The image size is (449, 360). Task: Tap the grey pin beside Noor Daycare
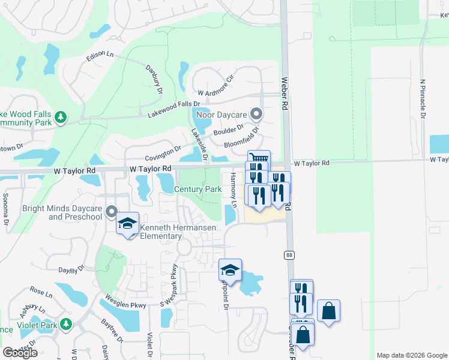tap(256, 113)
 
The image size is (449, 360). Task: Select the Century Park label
tap(198, 189)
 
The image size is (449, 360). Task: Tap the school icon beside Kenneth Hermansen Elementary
tap(127, 223)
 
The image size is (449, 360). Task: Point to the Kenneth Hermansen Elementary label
tap(161, 232)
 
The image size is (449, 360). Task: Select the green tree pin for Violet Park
tap(65, 325)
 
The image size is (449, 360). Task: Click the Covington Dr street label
tap(163, 151)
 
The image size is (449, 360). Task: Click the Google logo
tap(20, 353)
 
